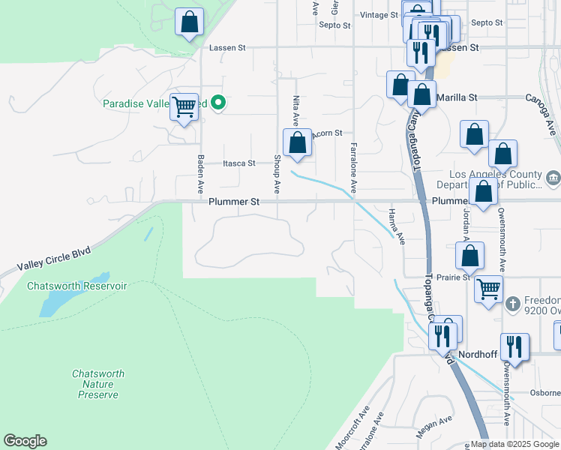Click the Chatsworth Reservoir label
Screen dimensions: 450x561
tap(76, 286)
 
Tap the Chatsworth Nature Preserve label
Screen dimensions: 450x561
tap(97, 384)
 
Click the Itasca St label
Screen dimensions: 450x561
tap(239, 163)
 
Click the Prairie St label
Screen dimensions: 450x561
tap(454, 277)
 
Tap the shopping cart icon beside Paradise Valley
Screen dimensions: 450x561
tap(184, 106)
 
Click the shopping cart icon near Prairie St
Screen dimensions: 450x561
tap(489, 287)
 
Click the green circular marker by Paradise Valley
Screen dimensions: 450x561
tap(218, 103)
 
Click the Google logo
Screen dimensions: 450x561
tap(25, 441)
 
